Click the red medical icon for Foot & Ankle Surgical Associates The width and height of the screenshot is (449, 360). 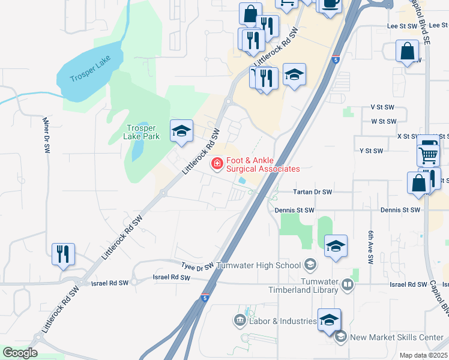(x=216, y=163)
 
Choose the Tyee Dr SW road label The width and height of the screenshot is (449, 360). (x=197, y=265)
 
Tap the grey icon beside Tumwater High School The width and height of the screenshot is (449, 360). (x=310, y=264)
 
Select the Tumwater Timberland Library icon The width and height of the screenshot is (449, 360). (x=348, y=285)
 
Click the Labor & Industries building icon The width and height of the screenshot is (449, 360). (x=241, y=321)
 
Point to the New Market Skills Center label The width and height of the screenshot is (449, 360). (x=396, y=337)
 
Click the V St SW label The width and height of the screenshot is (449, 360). (x=382, y=106)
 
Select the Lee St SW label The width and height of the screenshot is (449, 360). (x=402, y=26)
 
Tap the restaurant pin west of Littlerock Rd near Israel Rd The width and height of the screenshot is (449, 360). (x=63, y=254)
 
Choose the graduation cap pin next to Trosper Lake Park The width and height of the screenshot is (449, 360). (x=181, y=132)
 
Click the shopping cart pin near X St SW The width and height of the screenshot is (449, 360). (x=428, y=154)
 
